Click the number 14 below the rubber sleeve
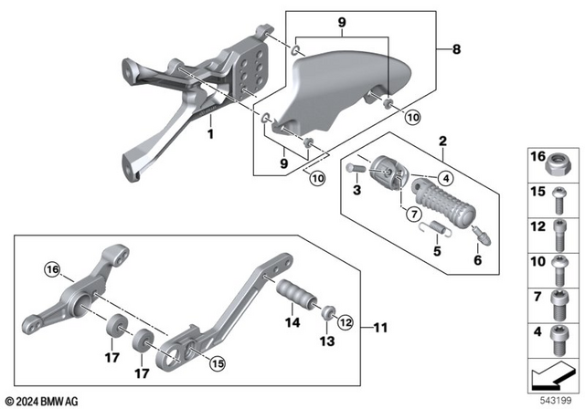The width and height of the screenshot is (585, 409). point(292,322)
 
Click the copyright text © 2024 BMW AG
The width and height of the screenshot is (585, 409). point(42,401)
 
